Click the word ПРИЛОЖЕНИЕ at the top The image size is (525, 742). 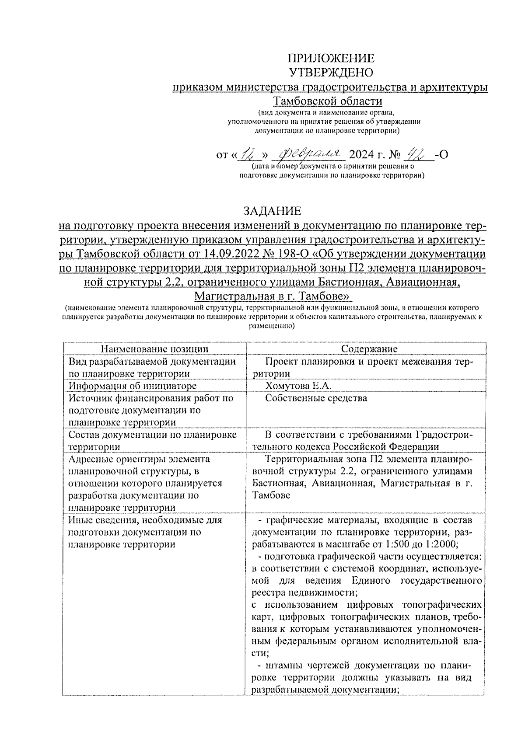click(330, 59)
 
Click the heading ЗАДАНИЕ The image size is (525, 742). click(273, 211)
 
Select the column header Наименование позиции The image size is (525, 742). click(154, 348)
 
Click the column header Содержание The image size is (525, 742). click(369, 348)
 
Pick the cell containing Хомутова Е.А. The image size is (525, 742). click(298, 386)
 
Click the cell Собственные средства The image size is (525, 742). click(316, 398)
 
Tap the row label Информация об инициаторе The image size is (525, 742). click(133, 386)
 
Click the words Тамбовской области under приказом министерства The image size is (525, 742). click(328, 101)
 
